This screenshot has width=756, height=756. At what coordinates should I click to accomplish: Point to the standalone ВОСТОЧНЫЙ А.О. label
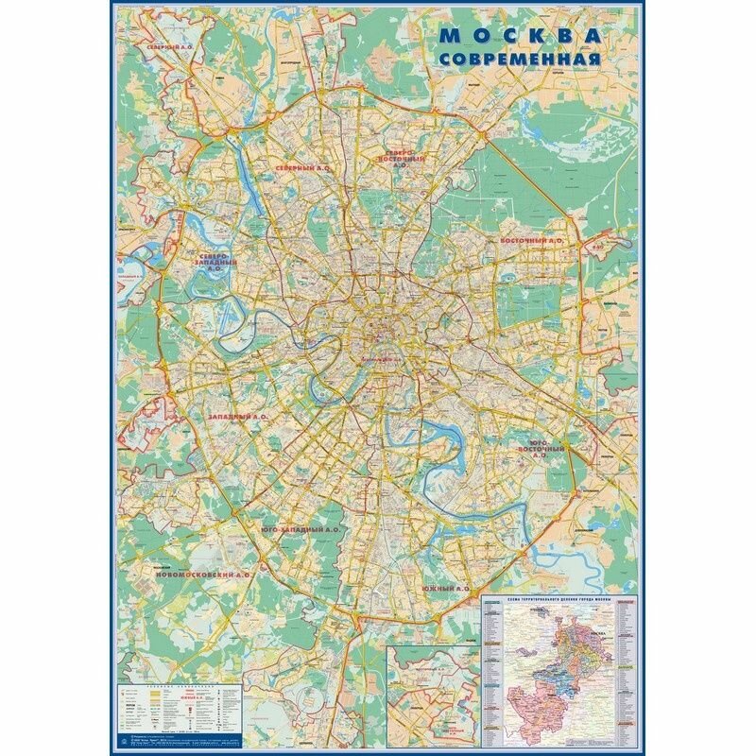[531, 241]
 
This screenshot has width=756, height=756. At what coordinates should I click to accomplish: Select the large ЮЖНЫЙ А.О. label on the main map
[446, 588]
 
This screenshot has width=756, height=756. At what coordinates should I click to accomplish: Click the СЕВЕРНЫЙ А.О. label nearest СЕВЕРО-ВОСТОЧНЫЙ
[302, 167]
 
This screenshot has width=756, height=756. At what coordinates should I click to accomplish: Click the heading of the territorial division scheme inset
[561, 601]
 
